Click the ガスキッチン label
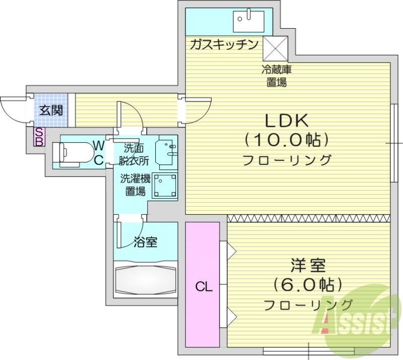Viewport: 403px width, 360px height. click(x=224, y=44)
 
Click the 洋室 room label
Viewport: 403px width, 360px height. click(x=308, y=266)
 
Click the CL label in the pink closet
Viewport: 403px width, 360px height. click(x=204, y=287)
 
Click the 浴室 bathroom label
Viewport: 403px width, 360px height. click(x=146, y=243)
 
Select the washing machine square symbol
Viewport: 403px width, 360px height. click(x=165, y=185)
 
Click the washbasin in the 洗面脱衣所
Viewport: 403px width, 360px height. click(x=167, y=150)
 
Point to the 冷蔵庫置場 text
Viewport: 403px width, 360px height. click(x=277, y=76)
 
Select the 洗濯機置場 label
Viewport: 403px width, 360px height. click(x=135, y=185)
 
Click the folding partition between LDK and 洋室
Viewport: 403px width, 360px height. click(x=308, y=218)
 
